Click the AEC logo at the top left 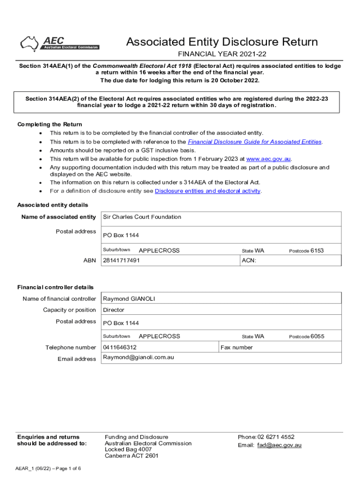pos(59,44)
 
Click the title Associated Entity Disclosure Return pos(222,42)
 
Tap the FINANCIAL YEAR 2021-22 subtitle pos(222,55)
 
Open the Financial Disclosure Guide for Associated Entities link pos(254,142)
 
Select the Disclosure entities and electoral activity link pos(208,191)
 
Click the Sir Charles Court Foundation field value pos(142,217)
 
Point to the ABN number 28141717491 pos(121,261)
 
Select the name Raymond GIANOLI pos(129,299)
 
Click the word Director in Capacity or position pos(114,310)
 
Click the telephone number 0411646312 pos(120,348)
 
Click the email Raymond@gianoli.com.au pos(138,358)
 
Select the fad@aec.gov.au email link pos(280,445)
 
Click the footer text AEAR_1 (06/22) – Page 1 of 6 pos(48,469)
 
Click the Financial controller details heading pos(55,287)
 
